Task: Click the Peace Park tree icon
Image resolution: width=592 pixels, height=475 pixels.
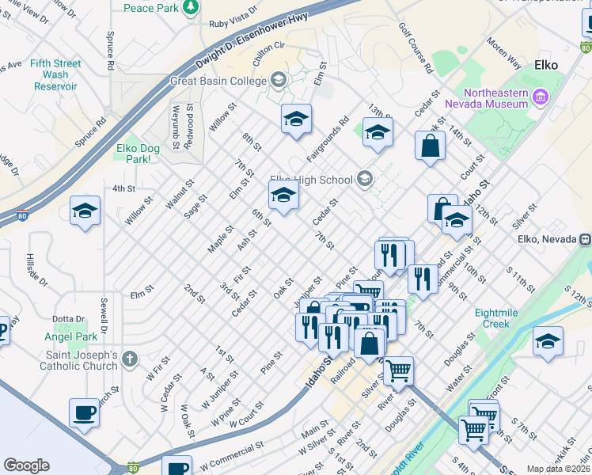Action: [x=191, y=8]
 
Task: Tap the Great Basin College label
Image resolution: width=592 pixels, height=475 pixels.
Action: [x=219, y=81]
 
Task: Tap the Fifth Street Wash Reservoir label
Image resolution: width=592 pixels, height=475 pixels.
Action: [x=55, y=75]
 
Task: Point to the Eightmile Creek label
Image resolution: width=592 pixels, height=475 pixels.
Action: [x=501, y=318]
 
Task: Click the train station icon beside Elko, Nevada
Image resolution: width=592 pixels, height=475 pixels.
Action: [x=586, y=239]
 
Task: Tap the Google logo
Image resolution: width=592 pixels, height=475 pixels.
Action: [x=26, y=465]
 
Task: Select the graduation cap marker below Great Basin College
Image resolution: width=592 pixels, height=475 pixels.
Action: [x=296, y=120]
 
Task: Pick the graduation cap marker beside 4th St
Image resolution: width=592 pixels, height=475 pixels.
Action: [x=85, y=211]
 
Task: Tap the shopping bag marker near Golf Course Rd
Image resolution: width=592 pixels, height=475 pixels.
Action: [x=430, y=146]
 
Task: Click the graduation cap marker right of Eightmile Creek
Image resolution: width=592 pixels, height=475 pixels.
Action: [x=548, y=341]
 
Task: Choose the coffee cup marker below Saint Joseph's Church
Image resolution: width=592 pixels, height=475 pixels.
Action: [x=85, y=413]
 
